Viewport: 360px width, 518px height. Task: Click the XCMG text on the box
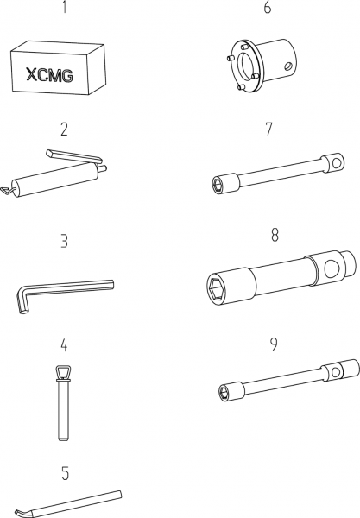coord(49,75)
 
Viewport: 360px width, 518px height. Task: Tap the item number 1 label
coord(65,7)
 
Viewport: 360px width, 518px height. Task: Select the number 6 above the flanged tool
coord(267,7)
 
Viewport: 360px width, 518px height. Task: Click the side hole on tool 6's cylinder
coord(287,66)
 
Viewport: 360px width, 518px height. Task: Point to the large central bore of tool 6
coord(247,65)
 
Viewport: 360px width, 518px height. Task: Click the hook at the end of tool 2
coord(7,191)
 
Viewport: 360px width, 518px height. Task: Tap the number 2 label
coord(65,129)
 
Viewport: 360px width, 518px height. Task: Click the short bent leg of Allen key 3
coord(22,300)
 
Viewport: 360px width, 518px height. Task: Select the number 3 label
coord(65,241)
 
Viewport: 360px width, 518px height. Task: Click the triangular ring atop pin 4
coord(65,373)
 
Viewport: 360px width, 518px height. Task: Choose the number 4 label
coord(64,344)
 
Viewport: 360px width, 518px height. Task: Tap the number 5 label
coord(66,473)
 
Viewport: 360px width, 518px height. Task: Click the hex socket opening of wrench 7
coord(218,185)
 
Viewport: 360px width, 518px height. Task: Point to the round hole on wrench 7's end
coord(337,163)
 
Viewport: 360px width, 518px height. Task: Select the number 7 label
coord(269,129)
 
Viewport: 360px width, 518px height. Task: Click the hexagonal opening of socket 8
coord(218,288)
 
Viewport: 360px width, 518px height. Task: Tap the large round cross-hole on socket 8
coord(332,268)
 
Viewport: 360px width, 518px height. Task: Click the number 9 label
coord(274,344)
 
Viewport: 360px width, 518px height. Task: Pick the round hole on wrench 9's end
coord(336,373)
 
